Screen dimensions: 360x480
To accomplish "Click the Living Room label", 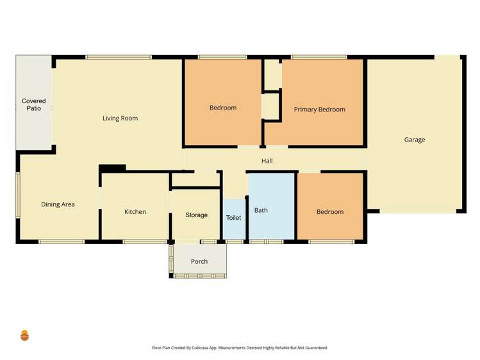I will click(x=120, y=118).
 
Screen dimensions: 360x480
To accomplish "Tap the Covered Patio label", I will click(x=33, y=105).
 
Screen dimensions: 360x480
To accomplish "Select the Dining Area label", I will click(x=58, y=204).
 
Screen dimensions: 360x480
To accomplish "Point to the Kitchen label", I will click(x=135, y=211).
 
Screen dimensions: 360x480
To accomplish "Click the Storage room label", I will click(x=196, y=215).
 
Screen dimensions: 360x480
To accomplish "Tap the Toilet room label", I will click(x=234, y=218).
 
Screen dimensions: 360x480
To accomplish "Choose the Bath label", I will click(x=261, y=210).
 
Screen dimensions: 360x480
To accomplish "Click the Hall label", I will click(x=267, y=161).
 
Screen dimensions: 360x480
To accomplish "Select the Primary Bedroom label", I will click(x=319, y=110).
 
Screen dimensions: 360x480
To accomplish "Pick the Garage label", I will click(x=414, y=140).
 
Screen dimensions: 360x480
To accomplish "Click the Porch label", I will click(x=199, y=261).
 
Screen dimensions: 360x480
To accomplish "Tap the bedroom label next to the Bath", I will click(x=330, y=211).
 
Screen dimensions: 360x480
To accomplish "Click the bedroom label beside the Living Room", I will click(x=223, y=108).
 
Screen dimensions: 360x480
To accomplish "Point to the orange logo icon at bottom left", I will click(x=24, y=335).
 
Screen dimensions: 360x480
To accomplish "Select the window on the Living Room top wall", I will click(x=119, y=58).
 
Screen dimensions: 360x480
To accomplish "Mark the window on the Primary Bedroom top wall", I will click(x=319, y=58).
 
